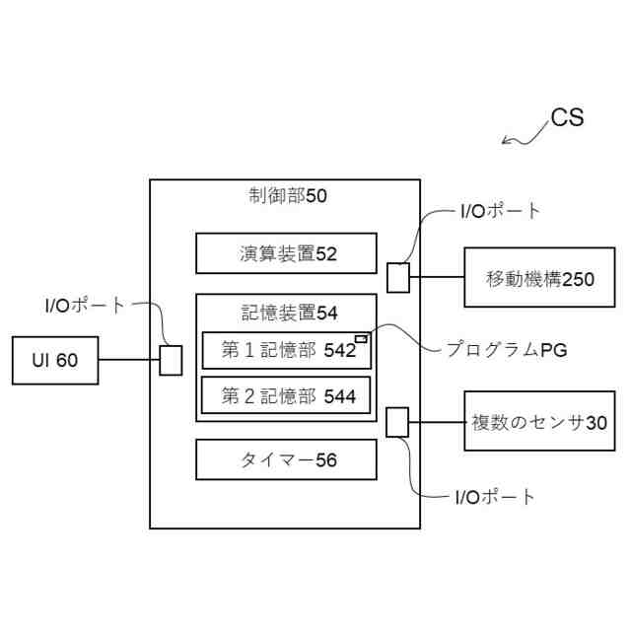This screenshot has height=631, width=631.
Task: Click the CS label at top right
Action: (x=567, y=119)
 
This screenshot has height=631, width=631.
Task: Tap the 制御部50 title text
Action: (x=287, y=195)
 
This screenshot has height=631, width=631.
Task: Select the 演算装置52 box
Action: (x=287, y=253)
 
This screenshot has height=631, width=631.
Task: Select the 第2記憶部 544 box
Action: (x=287, y=396)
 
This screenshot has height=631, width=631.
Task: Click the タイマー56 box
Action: (x=287, y=459)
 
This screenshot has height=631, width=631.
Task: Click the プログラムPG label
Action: (x=506, y=349)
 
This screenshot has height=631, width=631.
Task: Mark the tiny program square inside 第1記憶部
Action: (x=361, y=339)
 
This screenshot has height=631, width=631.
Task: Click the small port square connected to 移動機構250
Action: (x=397, y=277)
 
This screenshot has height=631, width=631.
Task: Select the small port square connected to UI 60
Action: (x=171, y=360)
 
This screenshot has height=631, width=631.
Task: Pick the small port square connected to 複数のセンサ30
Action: (x=397, y=422)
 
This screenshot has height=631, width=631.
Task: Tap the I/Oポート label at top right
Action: (x=501, y=210)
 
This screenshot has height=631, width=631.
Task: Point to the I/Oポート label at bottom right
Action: (x=496, y=497)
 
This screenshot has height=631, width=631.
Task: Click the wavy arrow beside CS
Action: (x=524, y=133)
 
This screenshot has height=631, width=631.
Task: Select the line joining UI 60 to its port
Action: (x=128, y=361)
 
